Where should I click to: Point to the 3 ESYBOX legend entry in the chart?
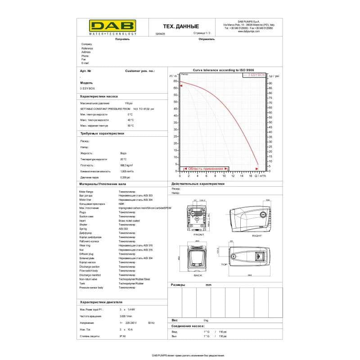tap(255, 75)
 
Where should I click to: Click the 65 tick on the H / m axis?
tap(175, 81)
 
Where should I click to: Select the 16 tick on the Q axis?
tap(251, 176)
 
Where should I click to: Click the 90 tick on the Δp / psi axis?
tap(270, 84)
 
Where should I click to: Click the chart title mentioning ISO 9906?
tap(223, 71)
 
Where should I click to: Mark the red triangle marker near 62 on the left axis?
tap(181, 85)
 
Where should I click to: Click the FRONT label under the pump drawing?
tap(198, 235)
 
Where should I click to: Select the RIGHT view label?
tap(256, 236)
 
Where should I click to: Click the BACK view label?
tap(198, 275)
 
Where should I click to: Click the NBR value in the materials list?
tap(121, 204)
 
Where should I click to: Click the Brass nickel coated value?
tap(129, 221)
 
